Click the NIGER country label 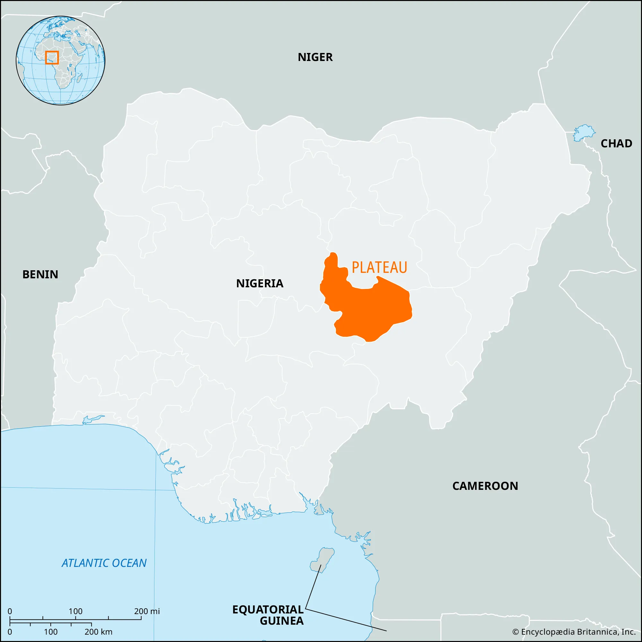point(315,57)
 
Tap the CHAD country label point(616,143)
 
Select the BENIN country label point(40,274)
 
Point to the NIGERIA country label point(259,283)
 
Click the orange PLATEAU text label point(379,267)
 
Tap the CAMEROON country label point(485,486)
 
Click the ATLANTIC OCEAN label point(104,563)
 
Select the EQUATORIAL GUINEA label point(268,615)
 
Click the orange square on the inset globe point(52,57)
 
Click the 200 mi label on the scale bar point(147,611)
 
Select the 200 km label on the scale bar point(98,632)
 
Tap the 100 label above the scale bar point(75,611)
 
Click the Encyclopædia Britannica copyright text point(574,632)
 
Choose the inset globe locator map point(60,60)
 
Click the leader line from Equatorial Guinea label point(346,620)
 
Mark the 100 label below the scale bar point(51,632)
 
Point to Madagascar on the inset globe point(80,78)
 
